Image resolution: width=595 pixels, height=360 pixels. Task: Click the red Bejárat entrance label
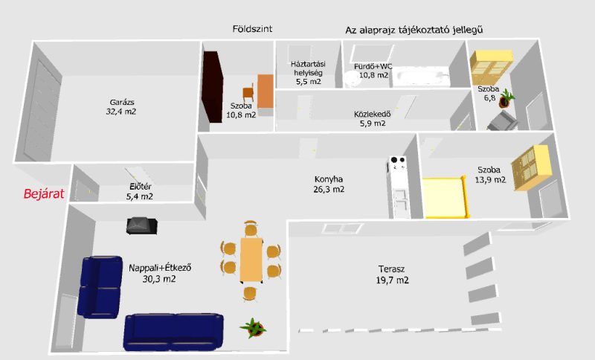pos(44,194)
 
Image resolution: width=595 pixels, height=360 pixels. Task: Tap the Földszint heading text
pos(252,29)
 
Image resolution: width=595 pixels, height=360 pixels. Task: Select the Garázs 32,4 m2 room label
pos(121,106)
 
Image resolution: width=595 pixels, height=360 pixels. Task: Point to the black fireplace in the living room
pos(141,225)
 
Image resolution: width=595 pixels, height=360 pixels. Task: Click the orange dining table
pos(251,260)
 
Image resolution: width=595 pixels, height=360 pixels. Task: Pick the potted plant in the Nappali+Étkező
pos(253,327)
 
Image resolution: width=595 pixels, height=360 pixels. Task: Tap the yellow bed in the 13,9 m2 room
pos(446,198)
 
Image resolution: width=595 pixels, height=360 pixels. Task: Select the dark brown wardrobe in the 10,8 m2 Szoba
pos(212,87)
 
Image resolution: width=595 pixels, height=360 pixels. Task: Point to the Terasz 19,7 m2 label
pos(392,274)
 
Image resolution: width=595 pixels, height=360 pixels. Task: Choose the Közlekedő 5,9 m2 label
pos(373,119)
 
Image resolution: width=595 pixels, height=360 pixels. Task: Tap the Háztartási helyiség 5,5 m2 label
pos(308,73)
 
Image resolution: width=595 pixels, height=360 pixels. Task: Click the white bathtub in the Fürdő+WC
pos(421,77)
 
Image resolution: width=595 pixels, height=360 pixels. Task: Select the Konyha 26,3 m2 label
pos(329,184)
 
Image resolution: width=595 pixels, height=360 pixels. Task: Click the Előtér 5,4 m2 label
pos(140,192)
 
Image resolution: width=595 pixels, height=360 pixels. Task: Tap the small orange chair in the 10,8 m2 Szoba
pos(248,92)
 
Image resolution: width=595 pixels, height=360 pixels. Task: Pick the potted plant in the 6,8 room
pos(506,98)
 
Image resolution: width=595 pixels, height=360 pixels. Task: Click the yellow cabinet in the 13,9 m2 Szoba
pos(530,167)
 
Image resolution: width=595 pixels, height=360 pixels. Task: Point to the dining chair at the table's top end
pos(251,228)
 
